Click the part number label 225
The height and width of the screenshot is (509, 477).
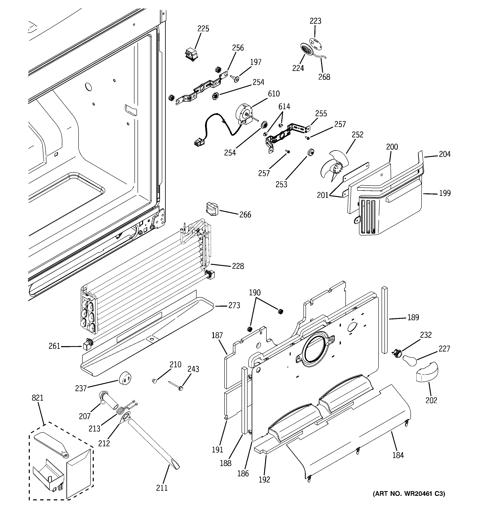coord(203,29)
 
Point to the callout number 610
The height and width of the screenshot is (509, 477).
coord(274,94)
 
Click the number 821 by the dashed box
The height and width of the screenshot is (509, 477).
coord(38,398)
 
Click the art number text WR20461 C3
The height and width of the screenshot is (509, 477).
coord(409,493)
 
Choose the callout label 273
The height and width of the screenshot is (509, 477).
coord(234,305)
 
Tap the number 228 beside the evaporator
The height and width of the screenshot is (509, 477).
coord(238,266)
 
